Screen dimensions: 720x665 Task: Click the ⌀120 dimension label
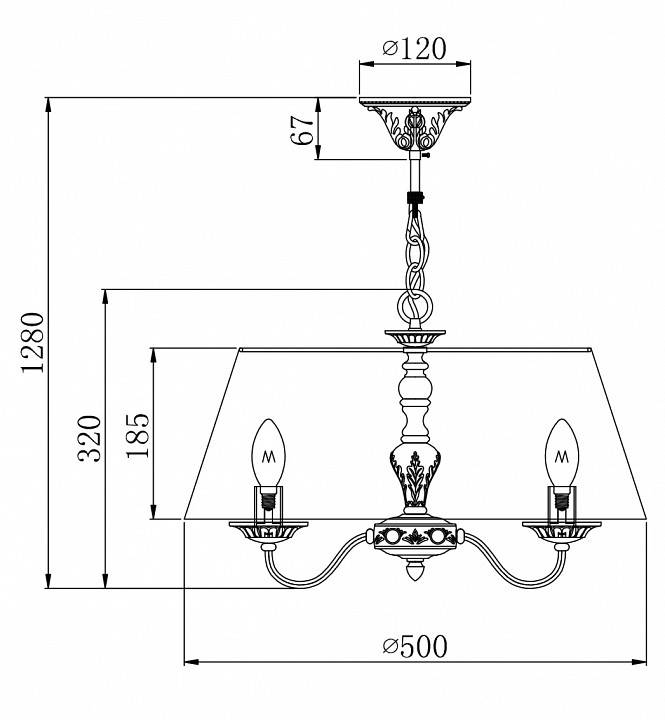414,47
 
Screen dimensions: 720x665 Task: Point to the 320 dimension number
90,438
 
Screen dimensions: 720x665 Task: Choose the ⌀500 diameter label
414,646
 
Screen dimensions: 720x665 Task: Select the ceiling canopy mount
414,120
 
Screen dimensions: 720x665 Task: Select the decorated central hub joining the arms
414,536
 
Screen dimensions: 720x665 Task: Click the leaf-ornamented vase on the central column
414,474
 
